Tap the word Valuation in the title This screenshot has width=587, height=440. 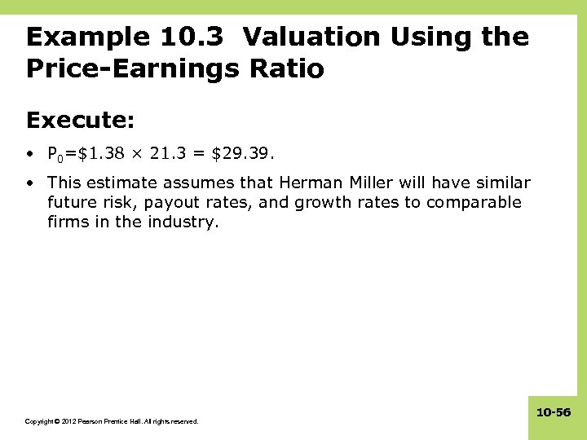click(310, 37)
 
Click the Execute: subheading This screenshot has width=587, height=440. click(81, 121)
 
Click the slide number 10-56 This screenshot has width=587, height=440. click(554, 413)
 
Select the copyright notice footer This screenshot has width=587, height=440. click(112, 421)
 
